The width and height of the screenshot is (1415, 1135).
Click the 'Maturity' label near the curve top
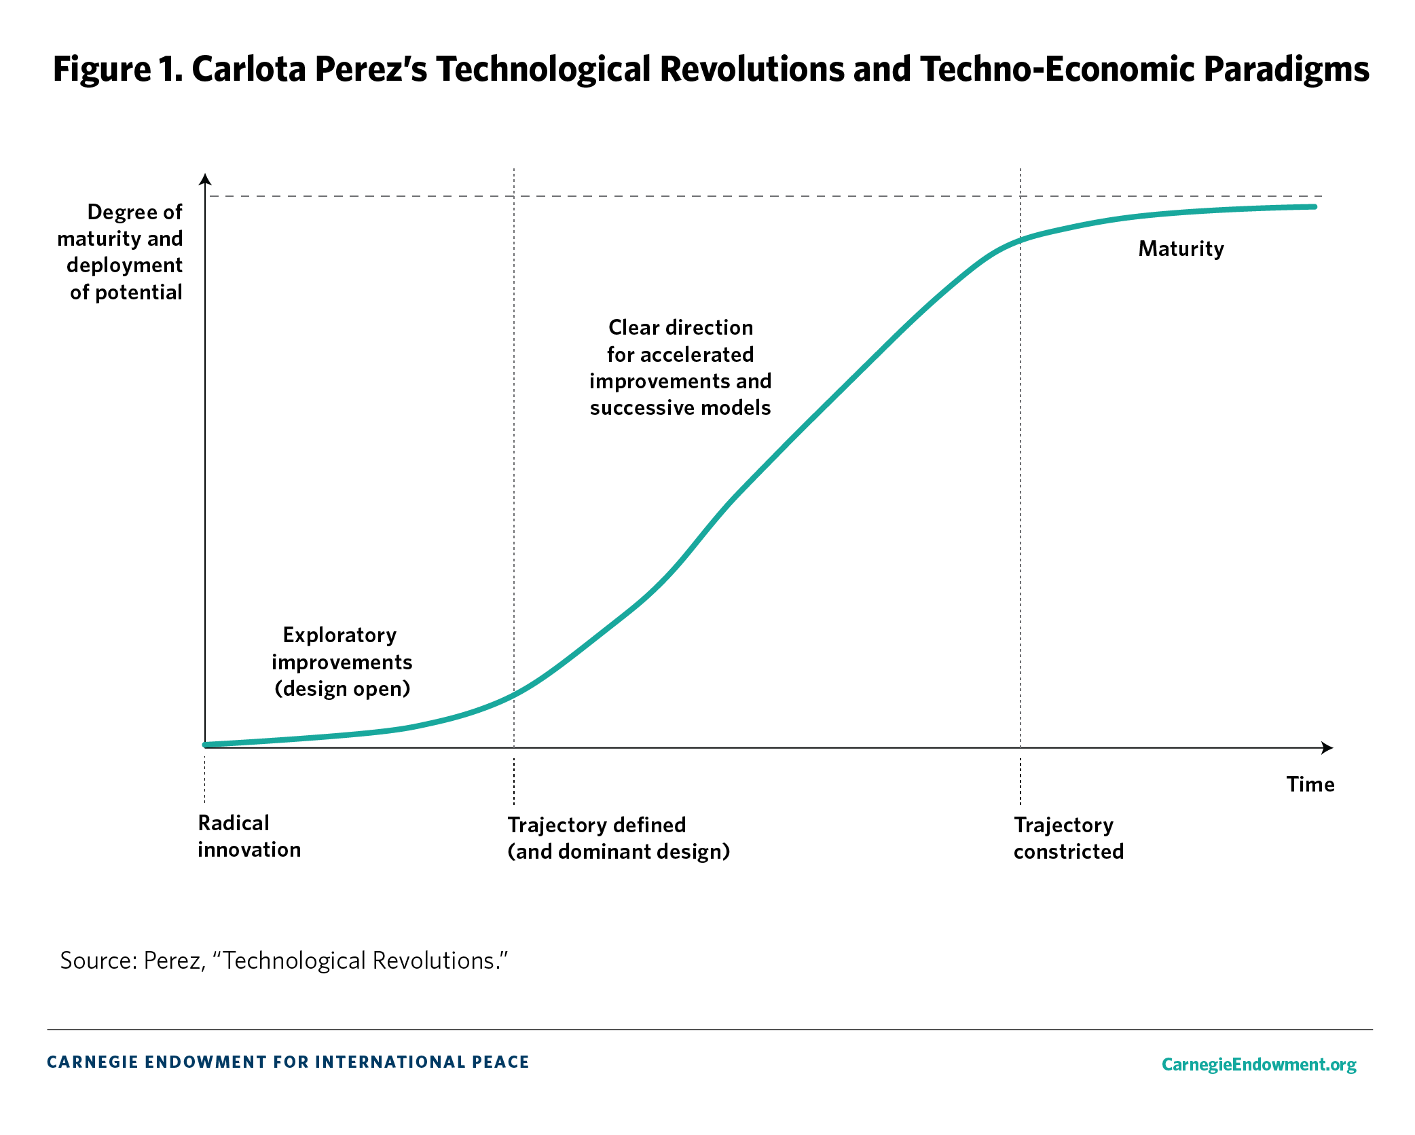(x=1181, y=249)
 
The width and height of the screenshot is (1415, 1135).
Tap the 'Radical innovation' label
(x=249, y=836)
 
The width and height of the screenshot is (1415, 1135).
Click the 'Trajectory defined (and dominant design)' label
(x=618, y=838)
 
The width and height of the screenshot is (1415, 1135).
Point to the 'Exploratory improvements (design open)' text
(x=342, y=662)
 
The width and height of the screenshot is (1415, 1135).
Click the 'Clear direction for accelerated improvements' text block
(x=680, y=367)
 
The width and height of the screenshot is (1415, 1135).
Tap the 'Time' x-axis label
(x=1310, y=785)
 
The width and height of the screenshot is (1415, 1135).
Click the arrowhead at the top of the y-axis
(x=205, y=179)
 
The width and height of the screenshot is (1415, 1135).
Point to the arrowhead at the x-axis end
(x=1327, y=748)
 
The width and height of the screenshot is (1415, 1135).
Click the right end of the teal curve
(x=1313, y=207)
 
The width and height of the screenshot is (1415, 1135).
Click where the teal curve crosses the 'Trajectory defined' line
(x=514, y=694)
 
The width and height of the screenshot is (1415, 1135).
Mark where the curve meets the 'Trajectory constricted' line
(x=1021, y=240)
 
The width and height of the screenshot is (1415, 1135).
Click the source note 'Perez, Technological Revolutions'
(x=284, y=961)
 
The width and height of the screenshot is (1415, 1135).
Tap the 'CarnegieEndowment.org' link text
(x=1258, y=1064)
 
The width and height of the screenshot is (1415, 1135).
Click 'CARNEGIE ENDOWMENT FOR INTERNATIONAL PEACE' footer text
(x=288, y=1062)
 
